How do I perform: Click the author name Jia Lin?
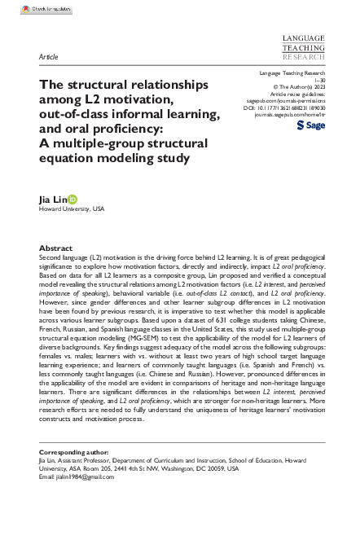pos(52,199)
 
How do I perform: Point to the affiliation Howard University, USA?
pos(72,209)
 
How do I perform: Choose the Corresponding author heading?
pos(71,452)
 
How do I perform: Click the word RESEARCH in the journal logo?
pos(302,58)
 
